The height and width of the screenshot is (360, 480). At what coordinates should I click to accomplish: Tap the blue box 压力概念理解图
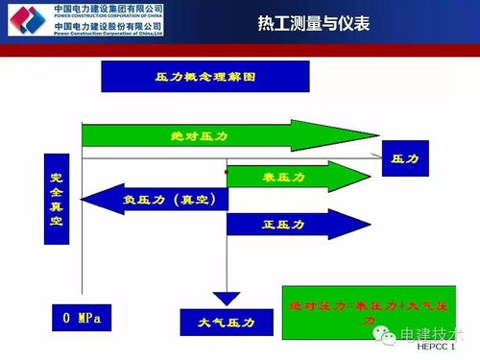click(x=204, y=76)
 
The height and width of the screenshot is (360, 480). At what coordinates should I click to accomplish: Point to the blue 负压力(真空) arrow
click(x=158, y=200)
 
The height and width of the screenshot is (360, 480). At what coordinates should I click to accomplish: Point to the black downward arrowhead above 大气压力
click(x=226, y=299)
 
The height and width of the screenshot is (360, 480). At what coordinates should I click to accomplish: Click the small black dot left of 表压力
click(x=227, y=170)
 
